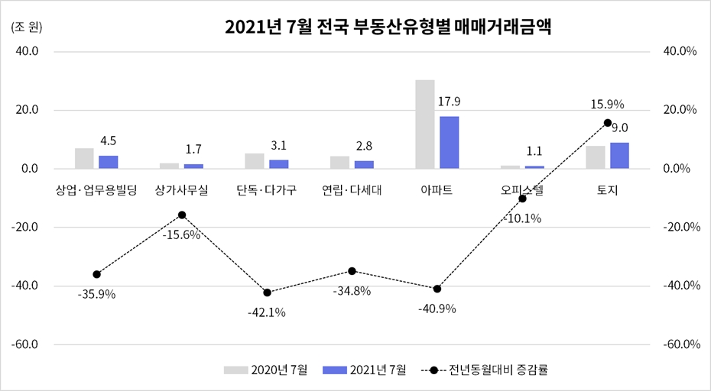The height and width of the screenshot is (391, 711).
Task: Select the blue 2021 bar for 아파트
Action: (449, 142)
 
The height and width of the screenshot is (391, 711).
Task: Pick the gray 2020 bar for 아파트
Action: (425, 124)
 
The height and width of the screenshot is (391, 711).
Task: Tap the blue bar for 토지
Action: (619, 155)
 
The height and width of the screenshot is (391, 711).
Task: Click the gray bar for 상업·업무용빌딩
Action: (84, 158)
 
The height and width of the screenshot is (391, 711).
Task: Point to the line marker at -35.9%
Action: (96, 274)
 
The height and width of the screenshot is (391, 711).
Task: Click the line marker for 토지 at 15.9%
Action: (608, 122)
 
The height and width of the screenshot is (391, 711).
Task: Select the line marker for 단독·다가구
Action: (267, 292)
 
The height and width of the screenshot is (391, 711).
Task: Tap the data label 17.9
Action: (449, 102)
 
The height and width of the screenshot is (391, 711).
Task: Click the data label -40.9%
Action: (437, 309)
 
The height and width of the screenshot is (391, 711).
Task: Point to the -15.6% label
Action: (181, 235)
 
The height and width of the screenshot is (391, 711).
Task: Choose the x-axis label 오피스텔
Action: (522, 189)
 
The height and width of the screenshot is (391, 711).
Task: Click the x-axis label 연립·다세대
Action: (352, 189)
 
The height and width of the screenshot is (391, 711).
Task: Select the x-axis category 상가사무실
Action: (181, 189)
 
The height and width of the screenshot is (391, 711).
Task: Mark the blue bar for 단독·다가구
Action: (278, 163)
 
